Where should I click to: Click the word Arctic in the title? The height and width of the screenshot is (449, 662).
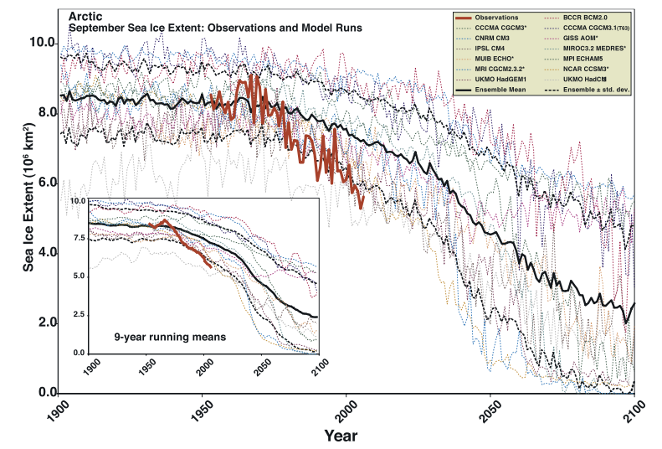tap(85, 16)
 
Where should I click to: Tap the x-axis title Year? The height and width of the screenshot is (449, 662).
tap(341, 436)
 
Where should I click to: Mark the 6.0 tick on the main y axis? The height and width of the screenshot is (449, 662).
tap(49, 182)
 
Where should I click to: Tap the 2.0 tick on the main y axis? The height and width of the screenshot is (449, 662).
tap(49, 323)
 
